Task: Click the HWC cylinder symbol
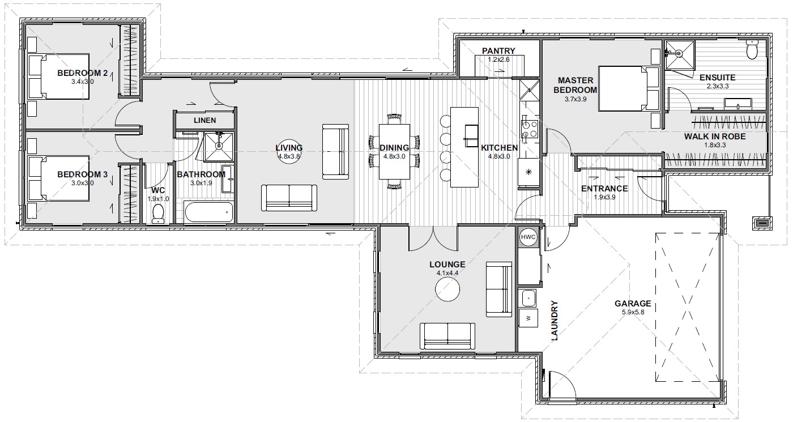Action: pyautogui.click(x=528, y=237)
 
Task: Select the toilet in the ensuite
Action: pyautogui.click(x=752, y=50)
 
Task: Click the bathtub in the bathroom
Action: pyautogui.click(x=209, y=212)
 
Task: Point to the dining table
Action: pyautogui.click(x=394, y=152)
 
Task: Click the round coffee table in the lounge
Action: pyautogui.click(x=447, y=289)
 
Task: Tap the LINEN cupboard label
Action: pyautogui.click(x=204, y=120)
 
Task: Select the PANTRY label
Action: pyautogui.click(x=498, y=51)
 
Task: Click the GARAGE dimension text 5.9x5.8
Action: pyautogui.click(x=633, y=312)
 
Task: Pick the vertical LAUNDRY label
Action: pyautogui.click(x=554, y=321)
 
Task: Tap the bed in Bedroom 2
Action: pyautogui.click(x=59, y=76)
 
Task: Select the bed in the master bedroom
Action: pyautogui.click(x=629, y=88)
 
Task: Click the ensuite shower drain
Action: pyautogui.click(x=679, y=54)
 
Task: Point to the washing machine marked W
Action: pyautogui.click(x=528, y=318)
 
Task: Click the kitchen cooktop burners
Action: pyautogui.click(x=529, y=129)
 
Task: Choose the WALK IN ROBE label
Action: pyautogui.click(x=715, y=137)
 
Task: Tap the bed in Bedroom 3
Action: pyautogui.click(x=59, y=178)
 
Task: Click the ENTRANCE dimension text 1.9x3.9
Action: pyautogui.click(x=604, y=197)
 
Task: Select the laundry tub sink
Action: pyautogui.click(x=528, y=298)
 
